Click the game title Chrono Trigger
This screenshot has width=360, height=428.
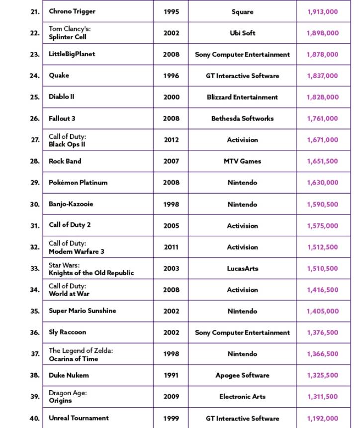tap(72, 11)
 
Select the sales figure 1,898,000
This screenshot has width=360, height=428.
tap(322, 33)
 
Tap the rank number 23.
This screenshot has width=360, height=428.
tap(34, 55)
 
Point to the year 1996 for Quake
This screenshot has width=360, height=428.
tap(171, 76)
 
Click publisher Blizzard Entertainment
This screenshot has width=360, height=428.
tap(242, 98)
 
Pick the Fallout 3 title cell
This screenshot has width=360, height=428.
tap(62, 119)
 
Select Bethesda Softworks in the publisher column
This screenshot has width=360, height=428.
tap(242, 119)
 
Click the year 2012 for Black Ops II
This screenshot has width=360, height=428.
tap(171, 140)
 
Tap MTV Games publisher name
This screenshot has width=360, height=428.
tap(242, 162)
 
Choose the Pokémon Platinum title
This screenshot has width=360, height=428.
tap(78, 183)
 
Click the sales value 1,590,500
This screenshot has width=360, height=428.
tap(322, 205)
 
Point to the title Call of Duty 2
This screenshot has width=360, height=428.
tap(70, 225)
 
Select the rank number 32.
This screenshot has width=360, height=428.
tap(34, 247)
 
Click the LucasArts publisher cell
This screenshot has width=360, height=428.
tap(242, 269)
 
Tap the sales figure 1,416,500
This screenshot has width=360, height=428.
tap(322, 290)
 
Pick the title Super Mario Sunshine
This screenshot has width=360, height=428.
tap(82, 311)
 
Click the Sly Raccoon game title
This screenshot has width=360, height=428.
tap(67, 332)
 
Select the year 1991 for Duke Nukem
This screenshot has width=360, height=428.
tap(171, 376)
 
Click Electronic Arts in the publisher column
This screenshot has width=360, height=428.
tap(242, 397)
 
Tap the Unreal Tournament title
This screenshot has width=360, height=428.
tap(79, 418)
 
